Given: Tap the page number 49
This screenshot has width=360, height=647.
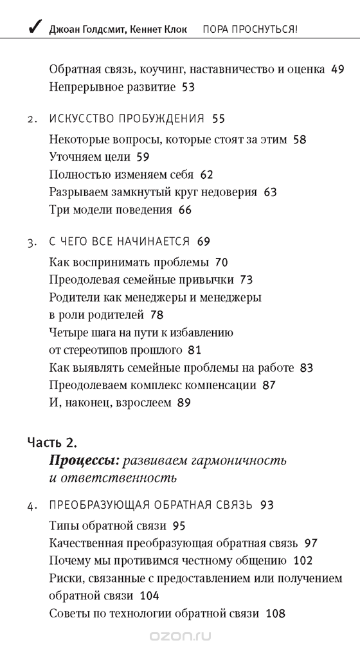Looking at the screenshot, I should (337, 69).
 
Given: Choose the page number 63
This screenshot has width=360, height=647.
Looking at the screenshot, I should (270, 191).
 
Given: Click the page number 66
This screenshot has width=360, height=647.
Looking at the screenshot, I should (185, 209).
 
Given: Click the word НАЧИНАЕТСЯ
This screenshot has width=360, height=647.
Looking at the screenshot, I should (154, 242).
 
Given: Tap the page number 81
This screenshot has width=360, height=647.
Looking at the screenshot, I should (195, 351).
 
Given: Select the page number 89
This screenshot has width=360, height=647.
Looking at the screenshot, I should (184, 403).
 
